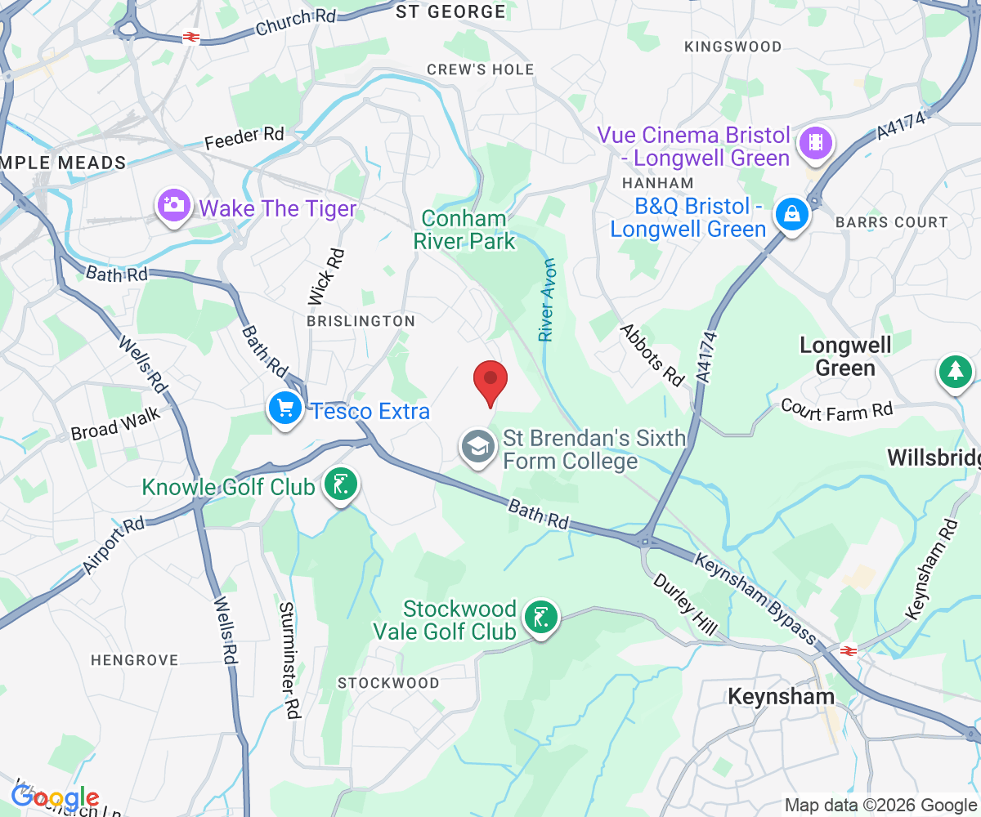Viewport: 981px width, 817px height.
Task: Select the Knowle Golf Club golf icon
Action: (x=340, y=484)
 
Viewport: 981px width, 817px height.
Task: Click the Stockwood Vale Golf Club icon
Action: (x=540, y=617)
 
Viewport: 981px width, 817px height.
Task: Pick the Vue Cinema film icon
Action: (x=816, y=142)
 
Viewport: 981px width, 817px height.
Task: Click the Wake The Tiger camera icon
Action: (x=174, y=204)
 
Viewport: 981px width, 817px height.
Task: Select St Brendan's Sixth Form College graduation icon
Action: (x=477, y=447)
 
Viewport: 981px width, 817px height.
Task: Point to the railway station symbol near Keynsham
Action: (x=847, y=650)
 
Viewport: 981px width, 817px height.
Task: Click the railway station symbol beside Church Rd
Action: (x=191, y=37)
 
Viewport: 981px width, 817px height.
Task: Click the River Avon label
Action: (x=546, y=301)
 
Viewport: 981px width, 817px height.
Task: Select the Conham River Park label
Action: (x=464, y=230)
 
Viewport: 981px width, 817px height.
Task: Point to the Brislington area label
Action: (x=361, y=321)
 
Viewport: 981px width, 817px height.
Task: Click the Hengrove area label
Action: (x=134, y=659)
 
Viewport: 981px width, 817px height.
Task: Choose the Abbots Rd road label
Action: (x=652, y=355)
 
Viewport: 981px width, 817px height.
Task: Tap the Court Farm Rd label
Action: (x=836, y=409)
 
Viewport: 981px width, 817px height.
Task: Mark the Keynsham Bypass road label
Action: (x=755, y=598)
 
